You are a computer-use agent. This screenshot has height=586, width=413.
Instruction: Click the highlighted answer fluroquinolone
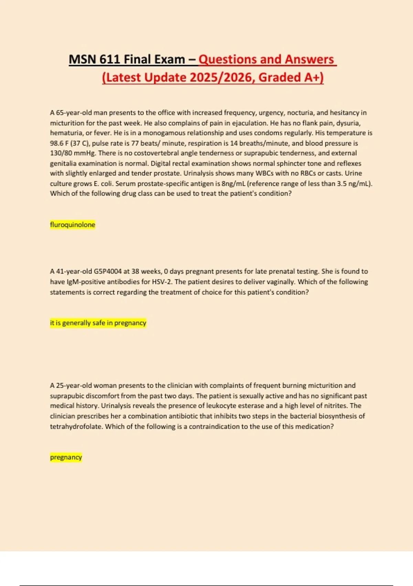[73, 225]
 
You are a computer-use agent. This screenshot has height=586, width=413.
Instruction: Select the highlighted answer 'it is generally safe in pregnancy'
[98, 323]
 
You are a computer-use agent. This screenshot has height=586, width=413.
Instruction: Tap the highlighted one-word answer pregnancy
[66, 457]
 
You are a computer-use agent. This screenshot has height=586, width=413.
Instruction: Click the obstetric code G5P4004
[107, 272]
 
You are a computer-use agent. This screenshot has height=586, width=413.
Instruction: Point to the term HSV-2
[162, 282]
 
